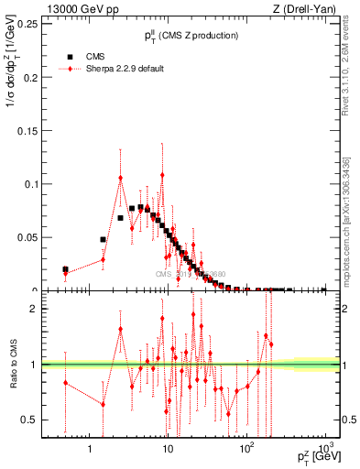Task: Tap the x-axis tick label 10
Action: click(x=167, y=448)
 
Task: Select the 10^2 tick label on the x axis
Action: click(x=245, y=448)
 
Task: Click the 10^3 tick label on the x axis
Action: click(x=323, y=448)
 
